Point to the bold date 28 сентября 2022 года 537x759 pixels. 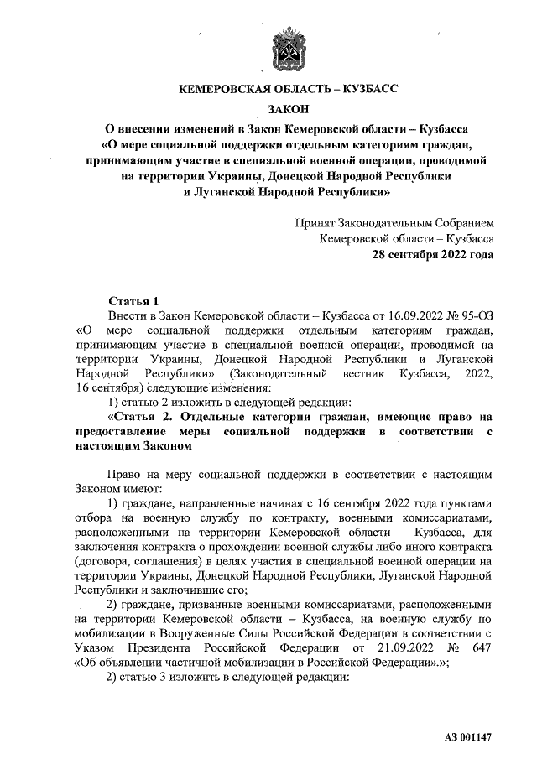[x=433, y=254]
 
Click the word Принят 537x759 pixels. [x=315, y=223]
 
